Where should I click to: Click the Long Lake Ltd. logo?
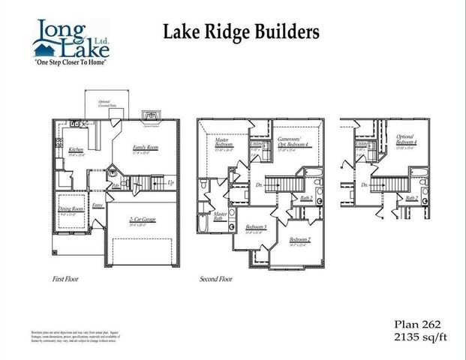[x=72, y=40]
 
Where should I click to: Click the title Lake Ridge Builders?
[x=241, y=31]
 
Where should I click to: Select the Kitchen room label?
[x=76, y=150]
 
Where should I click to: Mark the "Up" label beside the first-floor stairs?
[x=171, y=183]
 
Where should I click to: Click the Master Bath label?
[x=220, y=215]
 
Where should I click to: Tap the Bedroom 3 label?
[x=256, y=227]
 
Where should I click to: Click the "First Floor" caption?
[x=65, y=278]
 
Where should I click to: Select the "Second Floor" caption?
[x=216, y=278]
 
